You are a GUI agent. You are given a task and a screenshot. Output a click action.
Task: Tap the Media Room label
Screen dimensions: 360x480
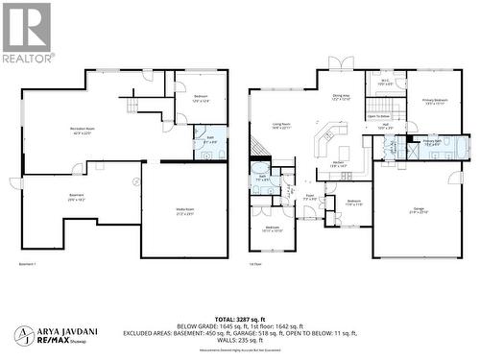pos(184,212)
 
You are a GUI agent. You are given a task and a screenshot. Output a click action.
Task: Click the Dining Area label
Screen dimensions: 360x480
pos(341,97)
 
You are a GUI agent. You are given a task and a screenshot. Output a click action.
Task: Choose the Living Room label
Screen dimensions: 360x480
pos(281,126)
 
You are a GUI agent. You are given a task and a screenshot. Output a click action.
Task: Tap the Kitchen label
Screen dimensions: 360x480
pos(340,164)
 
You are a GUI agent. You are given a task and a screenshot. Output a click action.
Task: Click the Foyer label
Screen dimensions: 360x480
pos(310,198)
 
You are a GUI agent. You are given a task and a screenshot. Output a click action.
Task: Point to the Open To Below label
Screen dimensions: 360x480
pos(378,116)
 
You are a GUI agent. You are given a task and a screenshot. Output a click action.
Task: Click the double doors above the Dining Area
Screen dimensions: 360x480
pos(340,63)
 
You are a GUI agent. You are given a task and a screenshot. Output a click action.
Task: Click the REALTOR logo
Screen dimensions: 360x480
pos(28,33)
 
